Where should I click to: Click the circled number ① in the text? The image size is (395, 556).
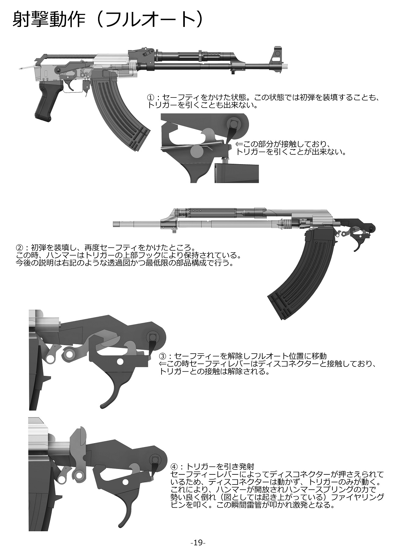(x=151, y=98)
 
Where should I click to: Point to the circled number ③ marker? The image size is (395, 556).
(x=163, y=356)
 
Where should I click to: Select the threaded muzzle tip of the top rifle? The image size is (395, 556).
(x=285, y=65)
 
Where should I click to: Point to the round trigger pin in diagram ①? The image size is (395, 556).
(x=197, y=151)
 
